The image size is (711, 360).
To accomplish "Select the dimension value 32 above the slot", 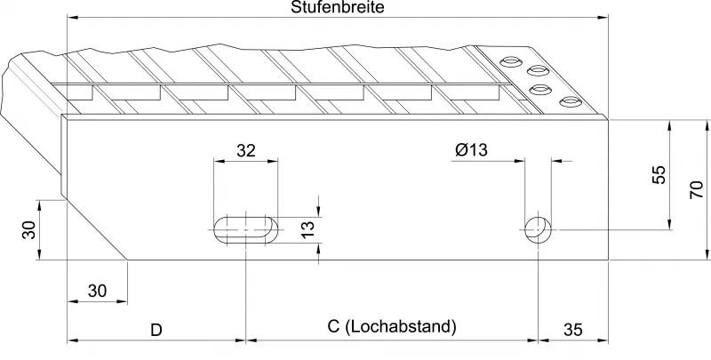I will [x=246, y=150].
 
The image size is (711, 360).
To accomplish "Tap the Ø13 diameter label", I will [x=471, y=150].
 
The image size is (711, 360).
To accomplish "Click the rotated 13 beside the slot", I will [x=307, y=229].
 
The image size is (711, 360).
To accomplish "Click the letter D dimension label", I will [x=156, y=330].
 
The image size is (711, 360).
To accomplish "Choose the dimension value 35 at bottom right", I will [x=573, y=330].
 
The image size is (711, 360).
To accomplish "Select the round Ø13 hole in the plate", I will [x=536, y=229].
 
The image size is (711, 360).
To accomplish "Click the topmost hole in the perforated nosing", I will [x=511, y=60].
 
